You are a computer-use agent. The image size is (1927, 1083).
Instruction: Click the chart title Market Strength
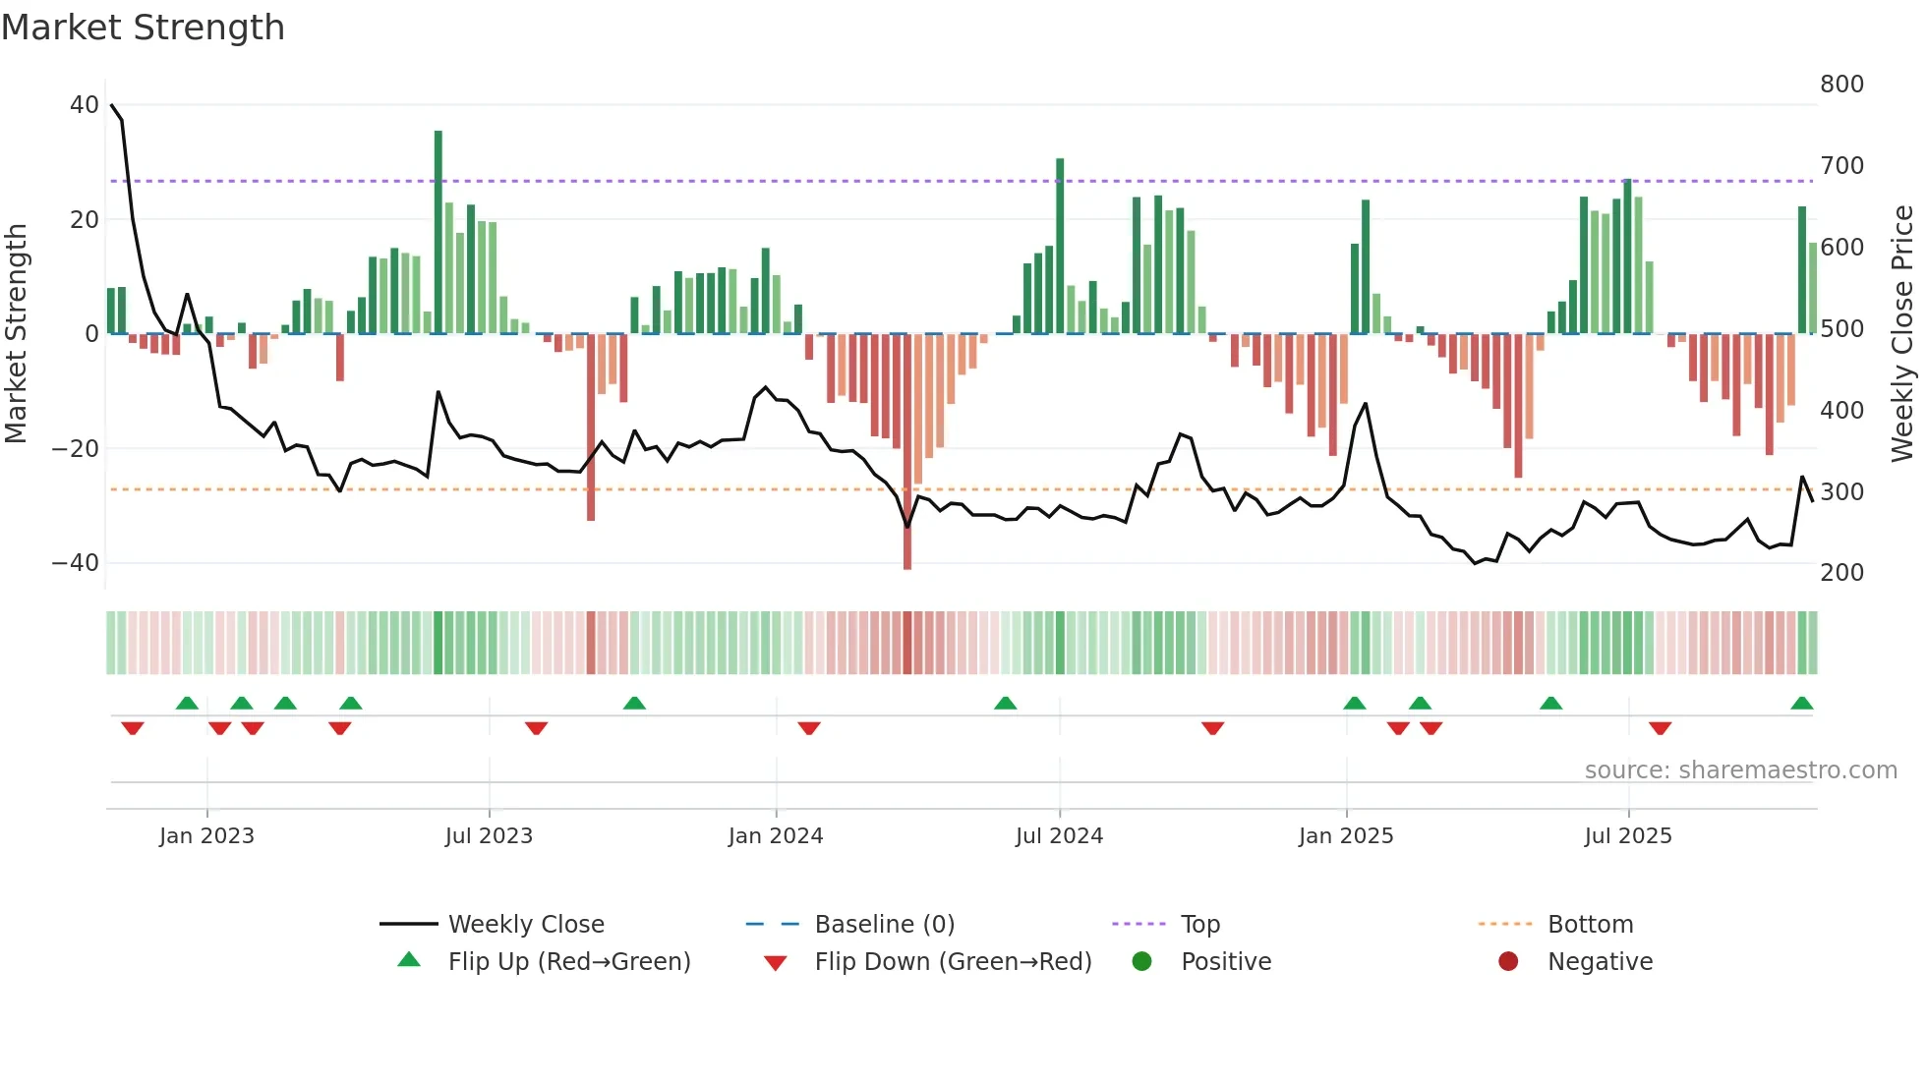143,28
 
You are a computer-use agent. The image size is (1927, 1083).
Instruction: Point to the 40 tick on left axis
85,105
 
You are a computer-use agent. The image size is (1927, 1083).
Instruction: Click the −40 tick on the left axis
76,563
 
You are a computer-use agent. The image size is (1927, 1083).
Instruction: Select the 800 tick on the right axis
1841,85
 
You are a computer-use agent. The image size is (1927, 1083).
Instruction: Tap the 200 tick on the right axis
1841,573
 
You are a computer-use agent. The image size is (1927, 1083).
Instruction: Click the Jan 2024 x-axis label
775,836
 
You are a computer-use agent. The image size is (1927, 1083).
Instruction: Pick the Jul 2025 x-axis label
1627,836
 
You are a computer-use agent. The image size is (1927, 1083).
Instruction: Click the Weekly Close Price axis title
1902,334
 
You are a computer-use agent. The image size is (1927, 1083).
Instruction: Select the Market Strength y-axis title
17,334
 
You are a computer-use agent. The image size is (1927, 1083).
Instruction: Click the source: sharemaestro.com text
1740,770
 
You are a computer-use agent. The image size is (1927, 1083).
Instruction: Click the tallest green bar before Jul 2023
438,232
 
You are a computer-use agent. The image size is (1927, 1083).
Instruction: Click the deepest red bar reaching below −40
907,452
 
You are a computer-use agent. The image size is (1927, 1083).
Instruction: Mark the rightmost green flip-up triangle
1801,704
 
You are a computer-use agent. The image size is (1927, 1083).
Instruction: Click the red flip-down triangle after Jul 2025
1660,728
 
